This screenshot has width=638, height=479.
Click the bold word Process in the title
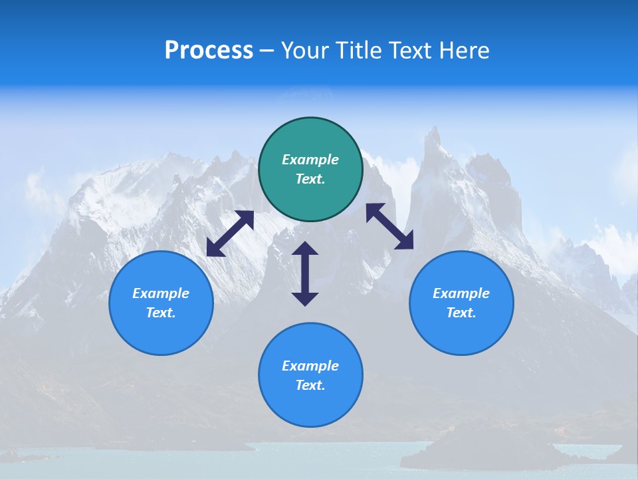(209, 51)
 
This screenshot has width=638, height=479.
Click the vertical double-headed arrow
(305, 273)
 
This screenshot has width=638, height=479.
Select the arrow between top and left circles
(230, 234)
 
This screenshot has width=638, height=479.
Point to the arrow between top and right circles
(390, 226)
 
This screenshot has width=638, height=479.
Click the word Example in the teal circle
(310, 160)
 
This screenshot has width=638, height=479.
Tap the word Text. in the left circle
(161, 313)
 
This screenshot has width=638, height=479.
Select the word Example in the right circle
(461, 293)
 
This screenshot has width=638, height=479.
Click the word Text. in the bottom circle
(310, 385)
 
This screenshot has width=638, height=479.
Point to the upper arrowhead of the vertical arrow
(305, 249)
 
